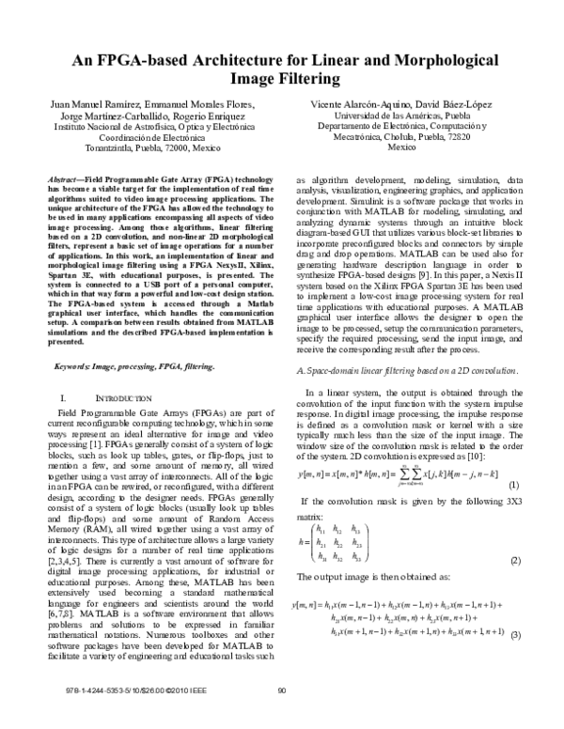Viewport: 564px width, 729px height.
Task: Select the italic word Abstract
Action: [63, 178]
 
